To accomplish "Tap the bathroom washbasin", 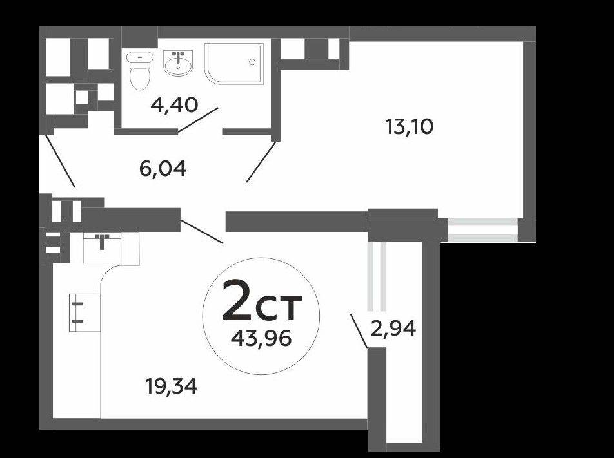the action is pos(178,62).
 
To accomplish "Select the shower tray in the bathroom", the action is pos(233,64).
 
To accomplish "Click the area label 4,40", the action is pos(175,105).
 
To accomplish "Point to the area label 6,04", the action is pos(163,169).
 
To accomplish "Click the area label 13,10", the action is pos(409,127).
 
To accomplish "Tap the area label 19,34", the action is pos(171,386).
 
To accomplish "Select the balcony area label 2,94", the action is pos(393,329).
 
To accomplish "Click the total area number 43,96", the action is pos(261,338).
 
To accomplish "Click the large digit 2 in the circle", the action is pos(237,300).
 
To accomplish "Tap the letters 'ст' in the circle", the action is pos(279,307).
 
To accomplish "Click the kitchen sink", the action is pos(102,247).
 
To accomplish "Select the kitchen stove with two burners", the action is pos(84,312).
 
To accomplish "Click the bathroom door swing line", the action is pos(198,120).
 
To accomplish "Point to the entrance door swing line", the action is pos(61,161).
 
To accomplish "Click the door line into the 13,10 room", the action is pos(261,162).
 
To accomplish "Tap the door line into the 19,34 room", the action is pos(202,231).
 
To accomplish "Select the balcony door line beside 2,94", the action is pos(359,330).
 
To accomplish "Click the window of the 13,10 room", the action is pos(483,230).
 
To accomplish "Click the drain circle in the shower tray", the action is pos(252,62).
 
